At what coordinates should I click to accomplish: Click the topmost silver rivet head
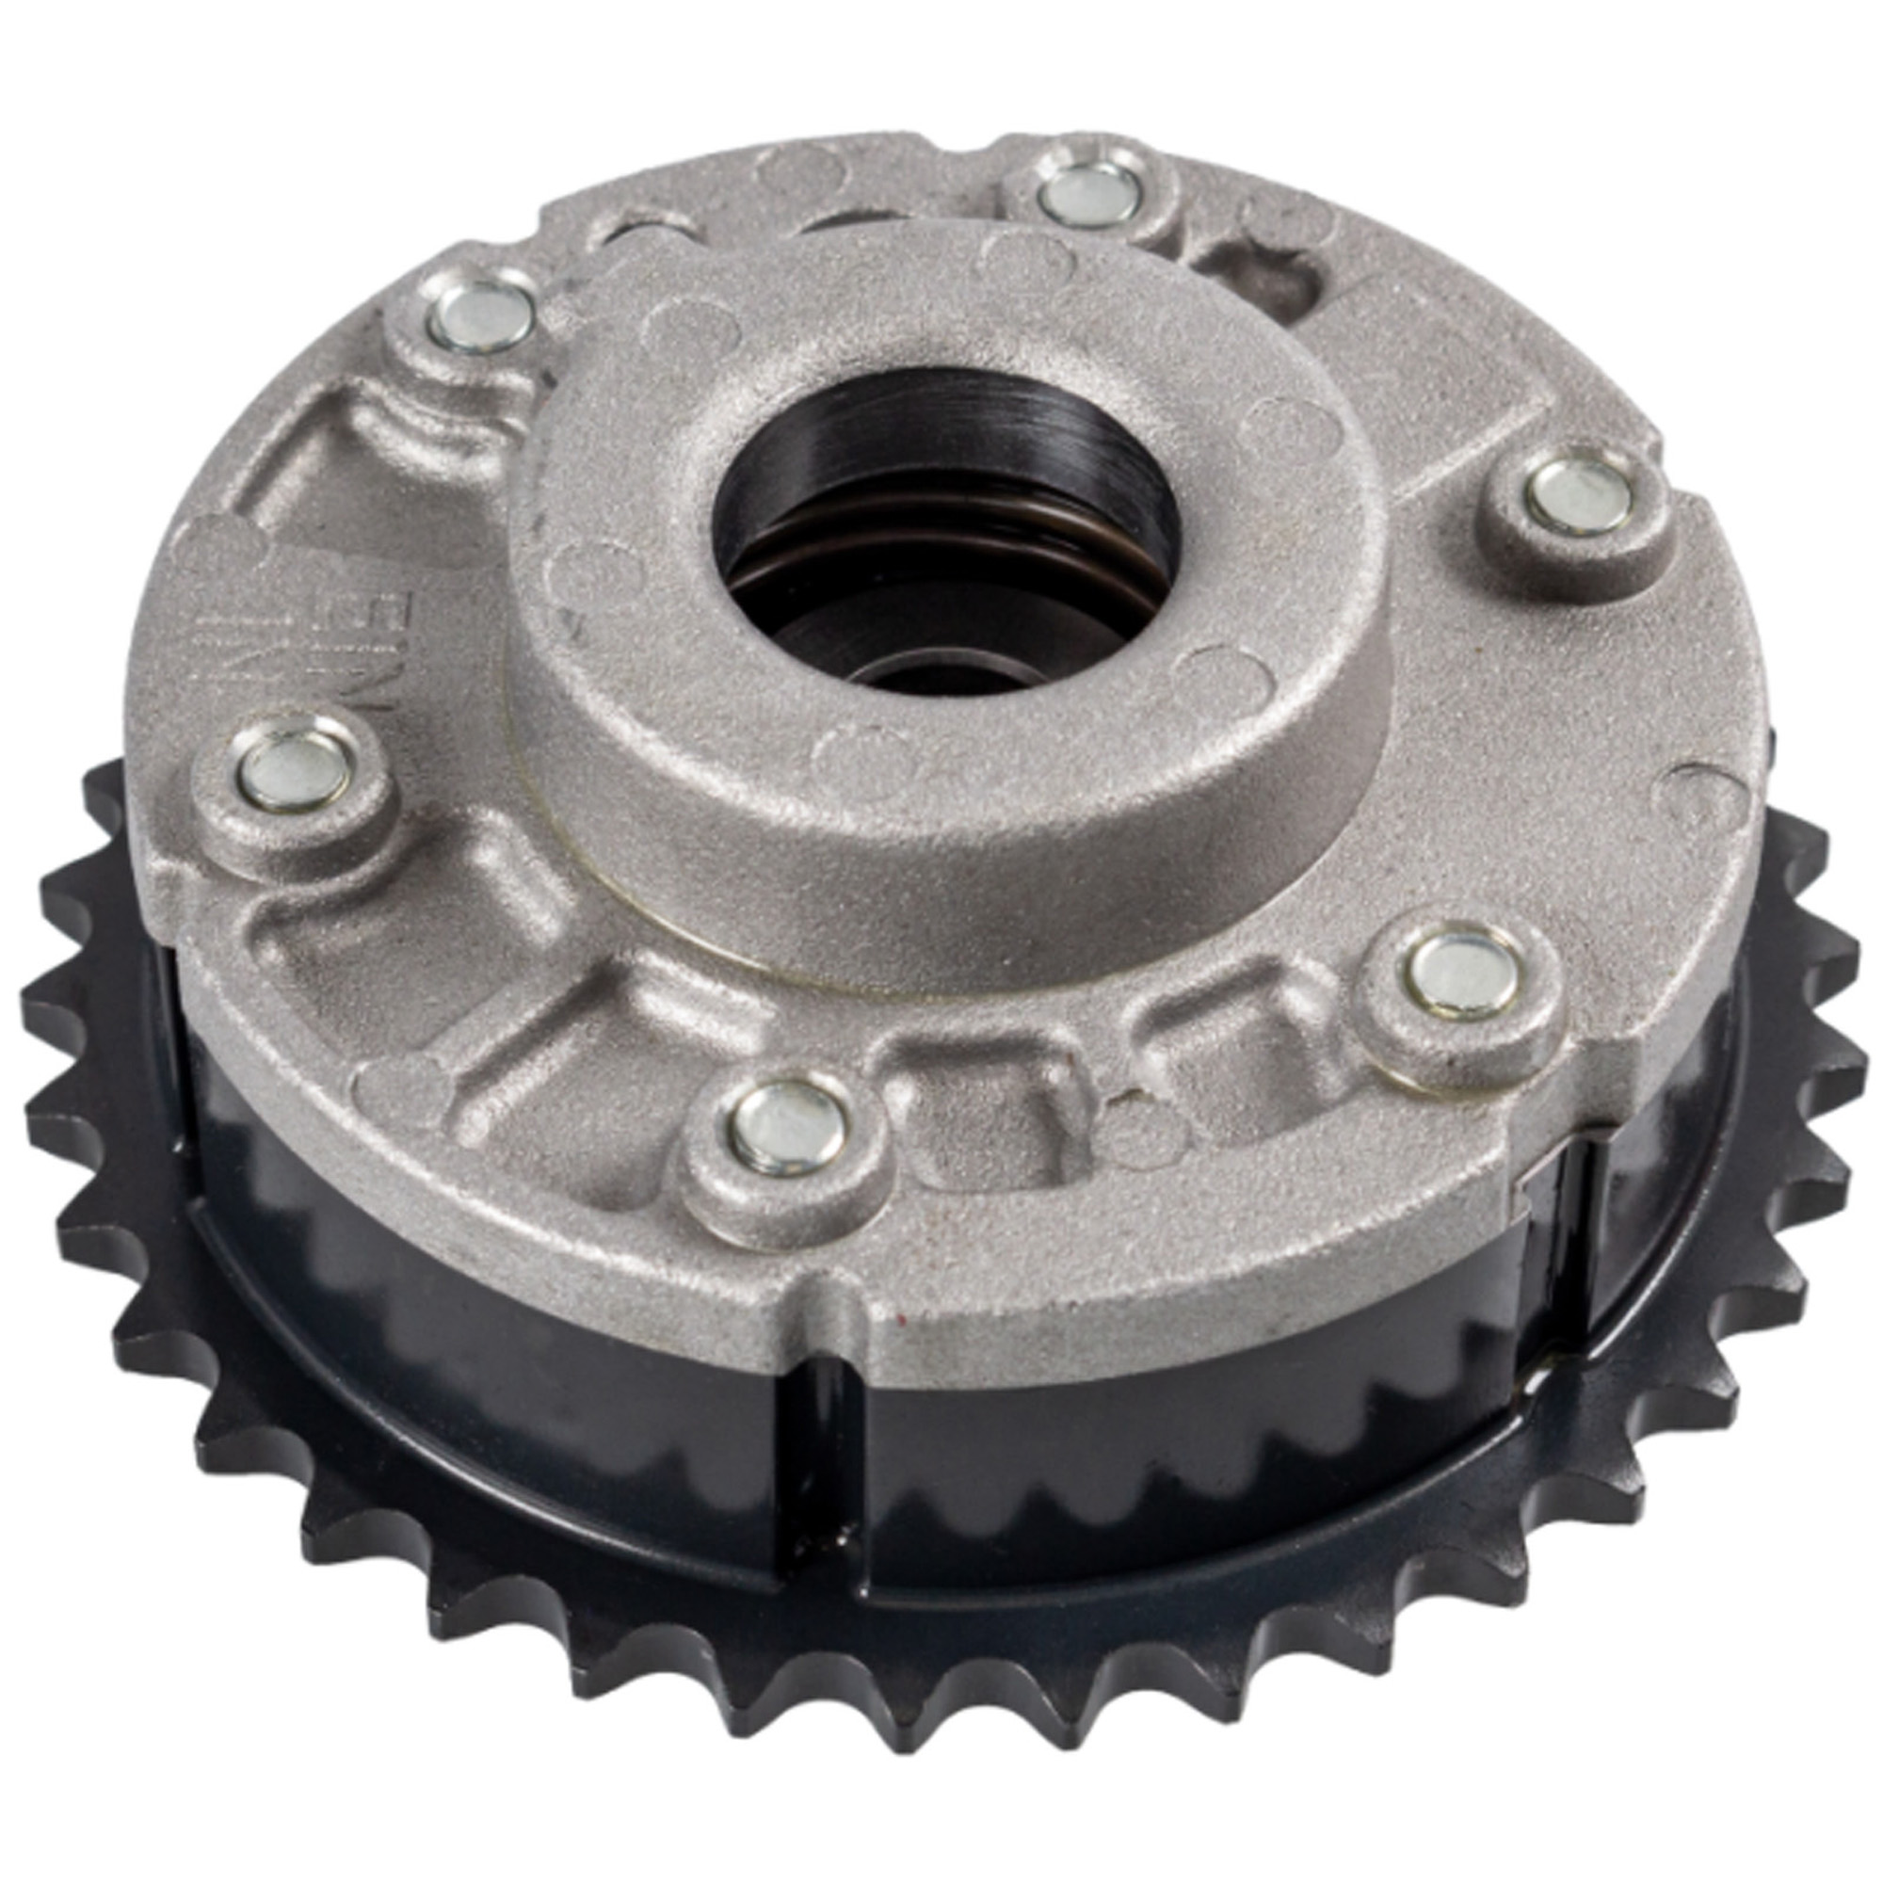coord(1088,196)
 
